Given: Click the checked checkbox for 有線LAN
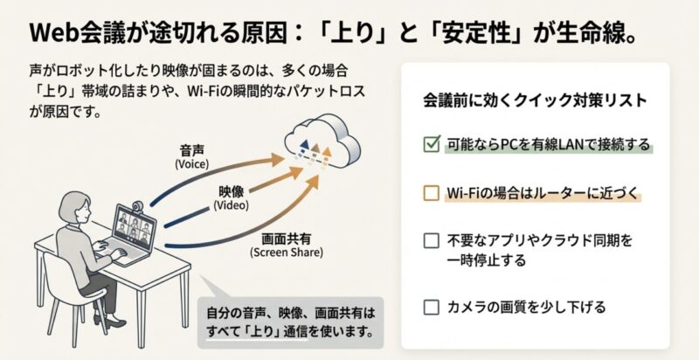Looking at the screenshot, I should pos(431,144).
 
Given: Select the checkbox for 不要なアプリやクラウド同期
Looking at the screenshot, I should pos(431,240).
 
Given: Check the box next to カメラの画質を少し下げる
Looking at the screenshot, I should pos(431,307).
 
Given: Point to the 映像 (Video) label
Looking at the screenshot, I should pos(227,197).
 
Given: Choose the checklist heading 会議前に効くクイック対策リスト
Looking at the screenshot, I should pos(534,100).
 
